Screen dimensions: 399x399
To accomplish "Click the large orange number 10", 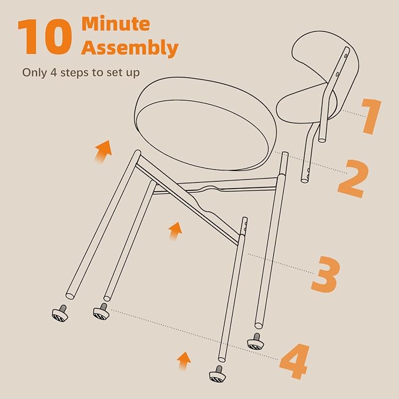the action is (x=45, y=36).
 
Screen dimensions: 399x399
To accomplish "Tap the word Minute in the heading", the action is (x=116, y=24).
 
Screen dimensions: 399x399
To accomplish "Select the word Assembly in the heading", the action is (x=129, y=48).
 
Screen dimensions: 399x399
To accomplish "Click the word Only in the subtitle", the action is (x=35, y=73).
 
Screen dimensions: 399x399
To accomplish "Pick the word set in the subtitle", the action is (x=113, y=73).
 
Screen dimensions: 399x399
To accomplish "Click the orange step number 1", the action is (x=372, y=116).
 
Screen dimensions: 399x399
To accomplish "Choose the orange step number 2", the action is (x=353, y=179).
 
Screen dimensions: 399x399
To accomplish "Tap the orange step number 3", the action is (x=326, y=274).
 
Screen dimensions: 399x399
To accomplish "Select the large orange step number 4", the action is (x=294, y=361).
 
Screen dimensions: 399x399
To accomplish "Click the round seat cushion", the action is (x=205, y=123).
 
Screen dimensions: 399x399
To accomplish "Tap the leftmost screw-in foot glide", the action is (x=60, y=314).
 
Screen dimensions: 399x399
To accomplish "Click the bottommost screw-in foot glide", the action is (x=217, y=374).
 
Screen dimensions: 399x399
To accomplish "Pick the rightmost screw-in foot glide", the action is (x=256, y=341).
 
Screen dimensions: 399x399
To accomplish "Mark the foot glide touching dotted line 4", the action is (x=101, y=311).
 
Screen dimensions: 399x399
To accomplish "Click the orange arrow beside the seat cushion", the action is (x=103, y=151).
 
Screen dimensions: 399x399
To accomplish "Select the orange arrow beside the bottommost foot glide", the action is (x=184, y=361).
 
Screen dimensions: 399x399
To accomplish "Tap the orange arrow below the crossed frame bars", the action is (x=175, y=230).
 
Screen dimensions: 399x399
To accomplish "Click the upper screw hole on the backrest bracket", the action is (x=346, y=55).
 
